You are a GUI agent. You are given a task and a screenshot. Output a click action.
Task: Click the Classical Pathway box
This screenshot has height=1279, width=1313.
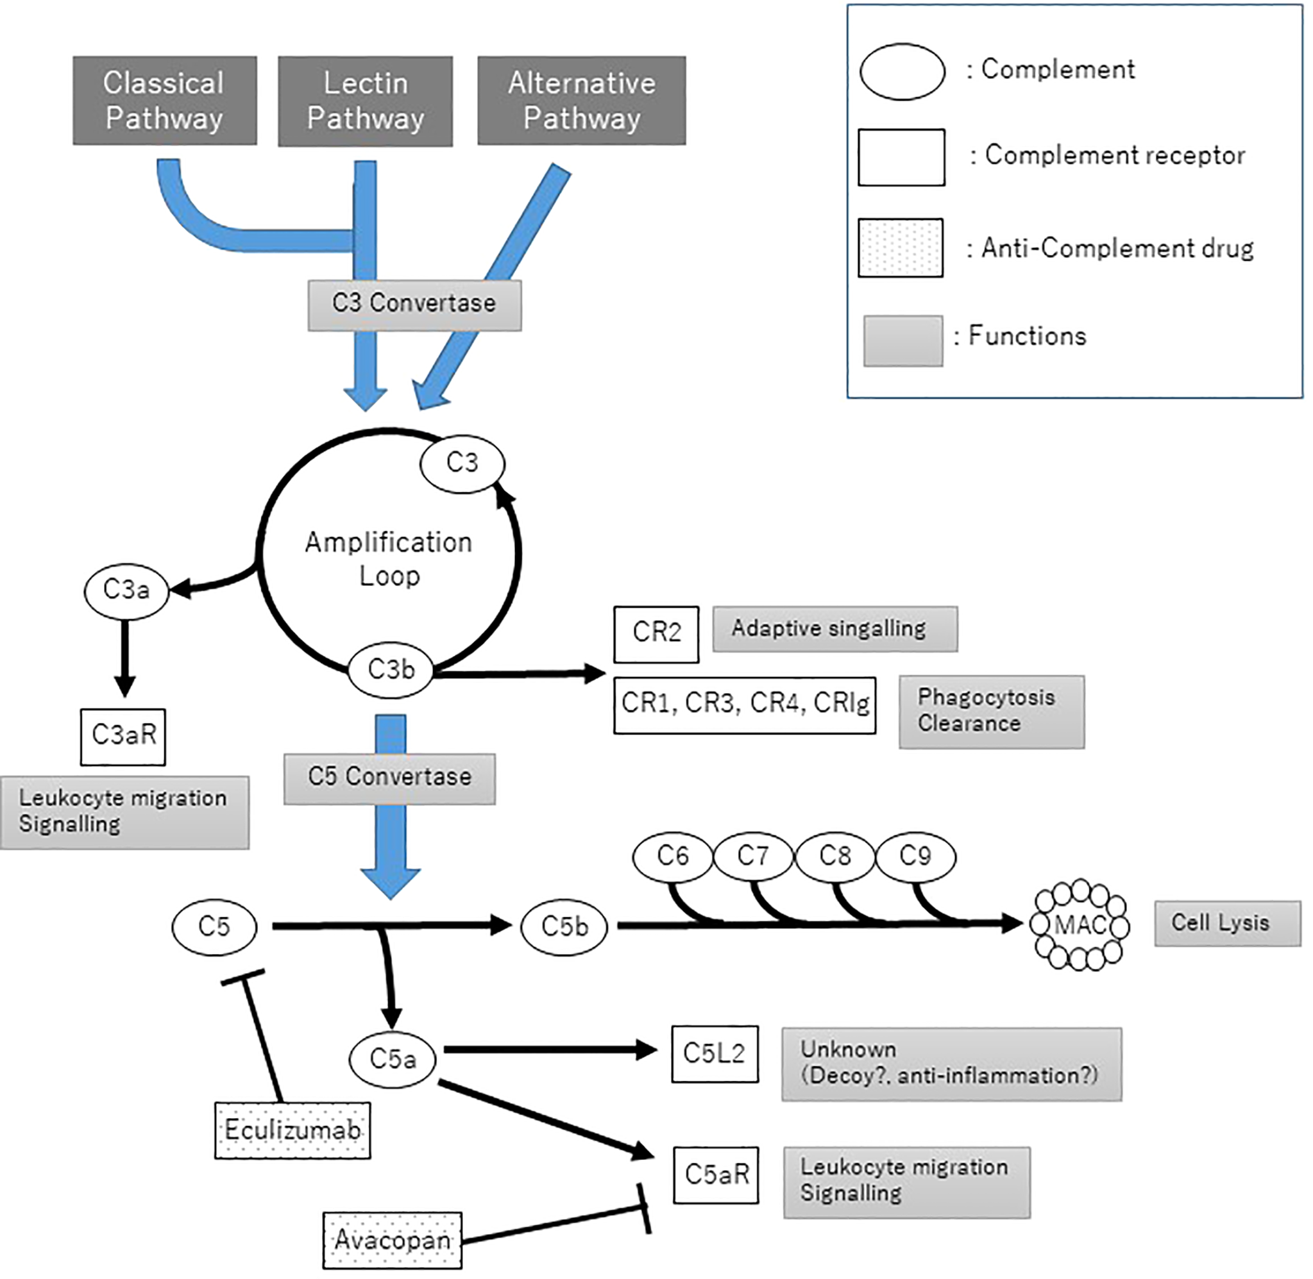[165, 100]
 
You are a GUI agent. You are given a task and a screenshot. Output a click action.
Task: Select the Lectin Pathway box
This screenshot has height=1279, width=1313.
[365, 101]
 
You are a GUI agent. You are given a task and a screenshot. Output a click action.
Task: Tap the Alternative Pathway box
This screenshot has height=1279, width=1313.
[581, 101]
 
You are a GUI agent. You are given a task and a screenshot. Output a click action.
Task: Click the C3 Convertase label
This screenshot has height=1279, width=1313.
[414, 305]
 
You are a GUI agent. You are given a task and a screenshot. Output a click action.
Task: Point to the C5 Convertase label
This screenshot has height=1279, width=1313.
[390, 778]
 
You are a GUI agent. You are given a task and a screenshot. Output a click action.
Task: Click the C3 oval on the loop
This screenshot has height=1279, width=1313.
[462, 464]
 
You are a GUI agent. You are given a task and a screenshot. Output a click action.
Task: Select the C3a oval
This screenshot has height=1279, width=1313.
[126, 591]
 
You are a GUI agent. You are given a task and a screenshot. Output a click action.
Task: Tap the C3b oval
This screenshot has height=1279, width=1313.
[391, 671]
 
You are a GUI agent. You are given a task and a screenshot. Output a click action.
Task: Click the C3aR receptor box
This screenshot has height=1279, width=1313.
[123, 736]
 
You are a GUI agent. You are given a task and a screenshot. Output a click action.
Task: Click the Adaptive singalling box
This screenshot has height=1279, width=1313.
[834, 630]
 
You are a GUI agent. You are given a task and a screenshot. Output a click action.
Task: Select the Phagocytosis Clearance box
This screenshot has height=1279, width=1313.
[991, 712]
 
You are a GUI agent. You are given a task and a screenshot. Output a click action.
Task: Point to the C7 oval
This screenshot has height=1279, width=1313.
[752, 857]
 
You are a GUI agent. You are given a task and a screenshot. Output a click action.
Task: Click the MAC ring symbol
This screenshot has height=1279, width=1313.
[1080, 926]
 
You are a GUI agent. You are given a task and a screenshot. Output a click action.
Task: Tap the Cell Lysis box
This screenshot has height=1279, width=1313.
[1227, 924]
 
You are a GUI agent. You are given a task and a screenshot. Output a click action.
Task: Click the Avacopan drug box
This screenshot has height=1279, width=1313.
[393, 1241]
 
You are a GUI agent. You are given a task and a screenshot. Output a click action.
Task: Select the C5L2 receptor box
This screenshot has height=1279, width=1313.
[715, 1054]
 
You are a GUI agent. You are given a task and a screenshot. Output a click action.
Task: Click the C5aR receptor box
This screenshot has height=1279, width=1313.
[716, 1175]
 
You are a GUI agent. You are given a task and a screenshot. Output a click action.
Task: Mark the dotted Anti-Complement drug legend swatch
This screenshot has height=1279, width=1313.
[901, 248]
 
